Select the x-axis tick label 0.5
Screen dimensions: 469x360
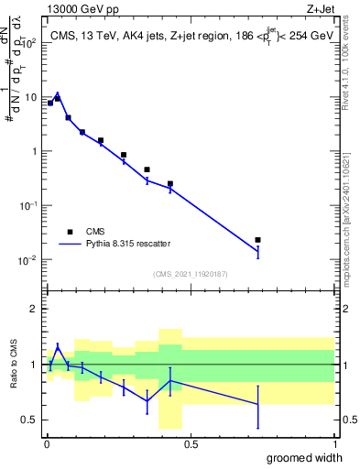191,443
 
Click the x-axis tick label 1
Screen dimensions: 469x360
334,443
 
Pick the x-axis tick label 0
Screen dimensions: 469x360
47,443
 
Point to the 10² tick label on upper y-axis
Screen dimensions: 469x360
30,43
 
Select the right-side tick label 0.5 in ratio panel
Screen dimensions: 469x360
347,420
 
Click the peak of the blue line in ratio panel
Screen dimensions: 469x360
58,346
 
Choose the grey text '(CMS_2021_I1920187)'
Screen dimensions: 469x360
190,272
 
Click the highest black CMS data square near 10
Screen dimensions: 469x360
58,98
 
